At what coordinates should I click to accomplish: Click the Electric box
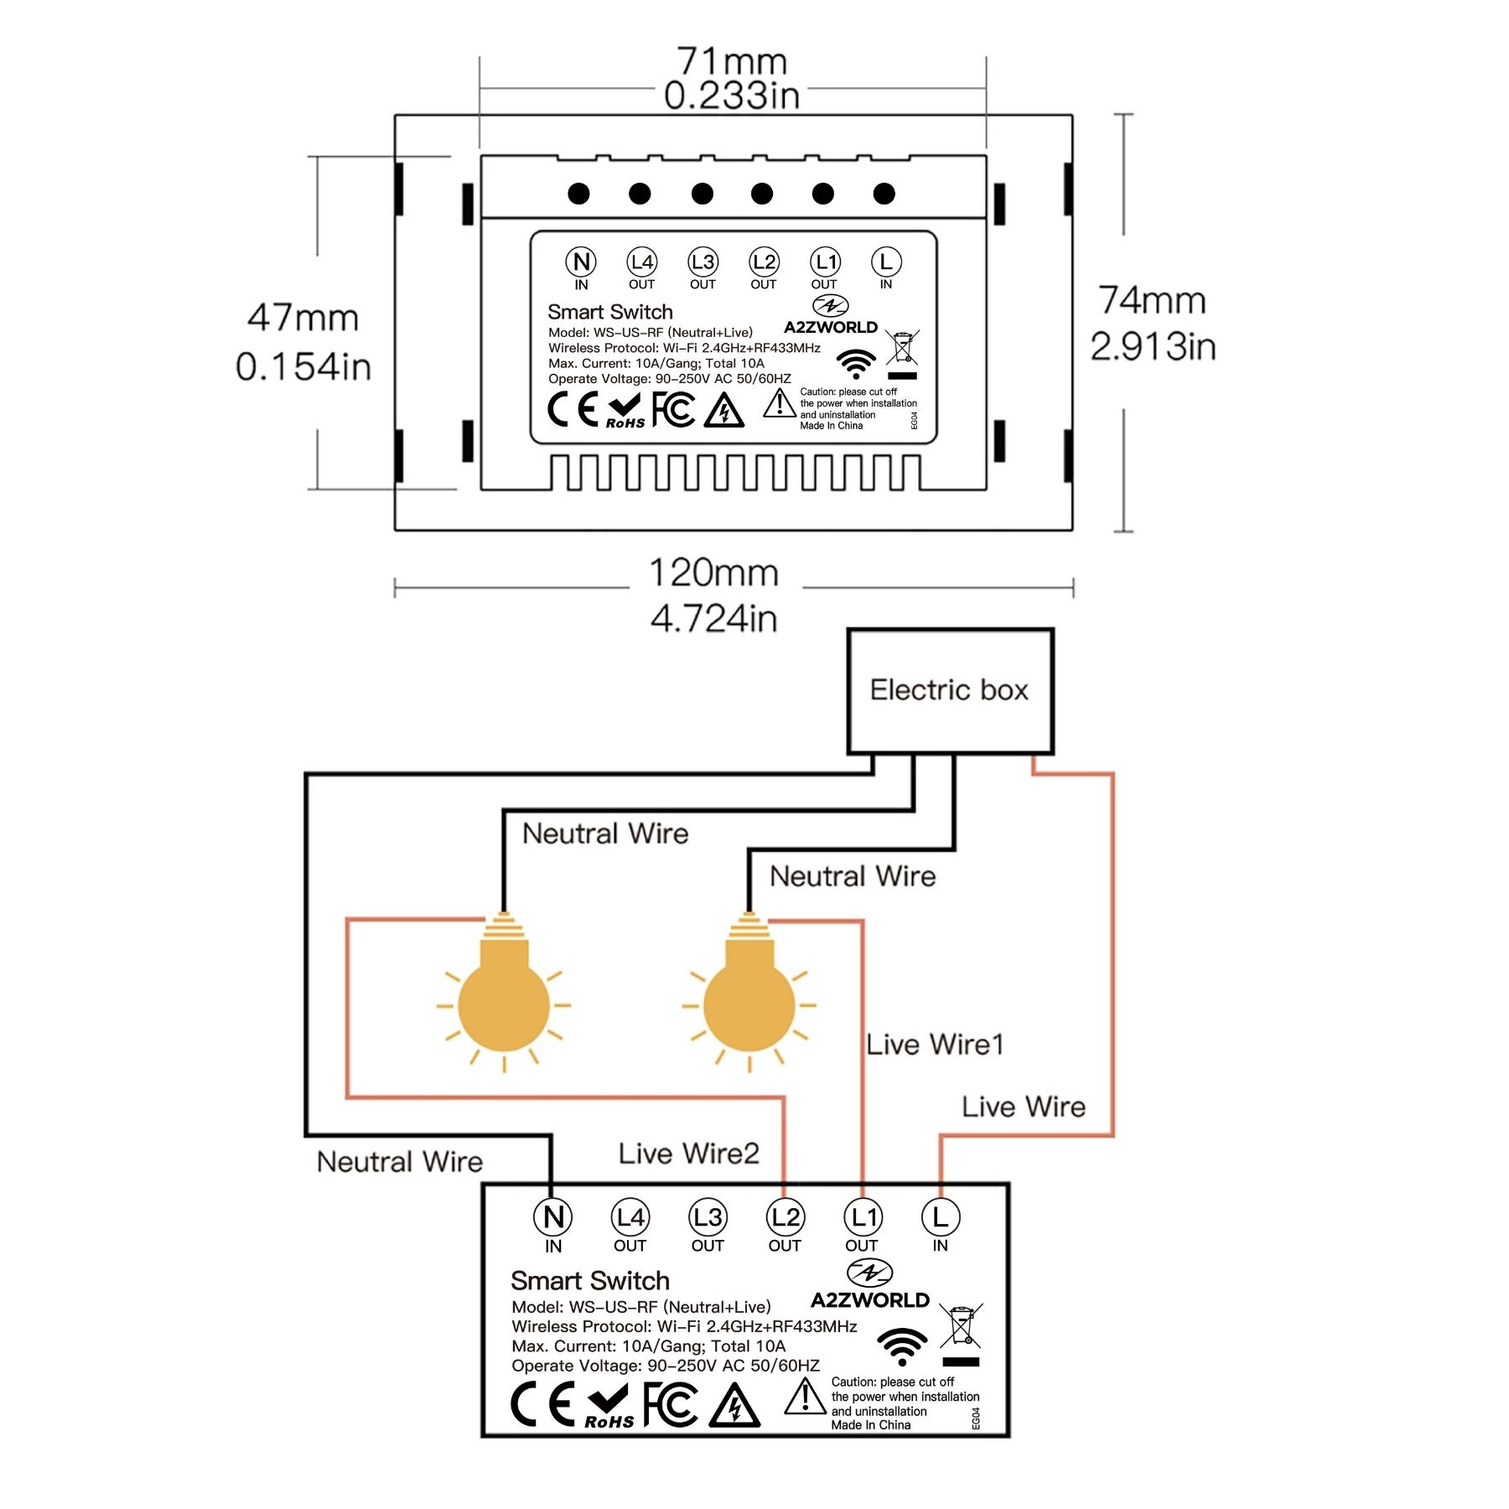pos(950,691)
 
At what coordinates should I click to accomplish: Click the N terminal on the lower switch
pos(553,1217)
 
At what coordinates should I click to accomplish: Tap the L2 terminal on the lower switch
pos(786,1217)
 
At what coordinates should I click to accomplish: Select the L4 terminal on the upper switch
pos(642,262)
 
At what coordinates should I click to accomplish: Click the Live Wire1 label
pos(935,1045)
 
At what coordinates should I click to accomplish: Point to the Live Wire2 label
pos(689,1154)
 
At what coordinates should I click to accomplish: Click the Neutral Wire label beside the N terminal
pos(400,1162)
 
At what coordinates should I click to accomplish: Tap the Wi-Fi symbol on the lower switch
pos(902,1346)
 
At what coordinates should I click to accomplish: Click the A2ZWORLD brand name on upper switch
pos(831,327)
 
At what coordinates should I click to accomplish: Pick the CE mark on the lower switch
pos(543,1403)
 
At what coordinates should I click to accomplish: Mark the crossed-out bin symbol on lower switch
pos(961,1328)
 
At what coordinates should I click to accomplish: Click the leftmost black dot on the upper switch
pos(578,194)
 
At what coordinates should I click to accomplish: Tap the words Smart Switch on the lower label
pos(590,1281)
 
